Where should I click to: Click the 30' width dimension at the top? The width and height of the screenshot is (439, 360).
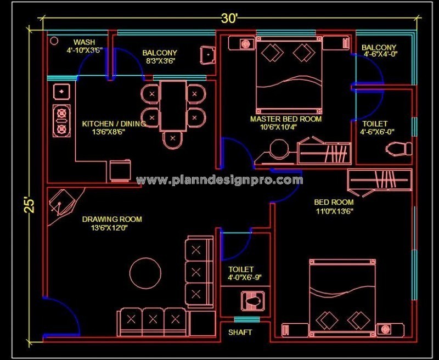pos(229,18)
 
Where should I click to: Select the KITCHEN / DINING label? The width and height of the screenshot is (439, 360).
pos(114,124)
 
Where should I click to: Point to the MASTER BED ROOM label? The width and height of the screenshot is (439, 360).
pos(286,119)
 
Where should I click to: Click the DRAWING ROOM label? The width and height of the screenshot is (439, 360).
pos(112,220)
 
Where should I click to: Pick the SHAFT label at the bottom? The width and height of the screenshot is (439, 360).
pos(240,333)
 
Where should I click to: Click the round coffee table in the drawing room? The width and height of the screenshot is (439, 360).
pos(145,271)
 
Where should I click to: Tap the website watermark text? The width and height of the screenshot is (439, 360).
pos(219,180)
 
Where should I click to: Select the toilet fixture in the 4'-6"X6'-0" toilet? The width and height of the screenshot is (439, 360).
pos(399,148)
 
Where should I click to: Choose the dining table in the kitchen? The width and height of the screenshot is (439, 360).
pos(173,105)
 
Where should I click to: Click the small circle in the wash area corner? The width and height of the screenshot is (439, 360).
pos(54,41)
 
